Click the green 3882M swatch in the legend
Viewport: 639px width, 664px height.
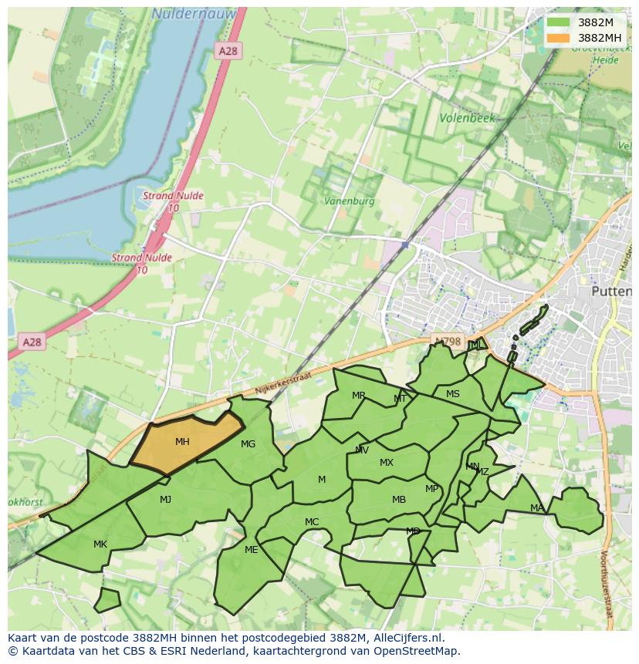coord(558,22)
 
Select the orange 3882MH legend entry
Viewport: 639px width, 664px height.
coord(558,38)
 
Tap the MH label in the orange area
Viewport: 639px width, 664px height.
coord(182,442)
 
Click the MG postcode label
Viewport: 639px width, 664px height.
coord(248,444)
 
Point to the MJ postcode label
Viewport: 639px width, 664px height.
coord(165,500)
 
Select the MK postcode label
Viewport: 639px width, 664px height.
coord(100,544)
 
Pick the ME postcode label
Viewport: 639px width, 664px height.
coord(251,550)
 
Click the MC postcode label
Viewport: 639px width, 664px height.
coord(312,522)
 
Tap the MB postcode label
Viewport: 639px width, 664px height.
coord(399,500)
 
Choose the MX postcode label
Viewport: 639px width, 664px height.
coord(387,463)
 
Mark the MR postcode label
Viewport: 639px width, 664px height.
coord(359,396)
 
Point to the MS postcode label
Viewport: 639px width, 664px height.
coord(453,394)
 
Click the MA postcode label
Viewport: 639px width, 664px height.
coord(537,507)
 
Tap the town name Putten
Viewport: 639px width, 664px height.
coord(610,292)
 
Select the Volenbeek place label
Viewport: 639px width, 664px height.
coord(467,119)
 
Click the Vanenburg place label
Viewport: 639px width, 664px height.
coord(350,201)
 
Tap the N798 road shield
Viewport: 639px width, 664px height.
coord(447,341)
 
